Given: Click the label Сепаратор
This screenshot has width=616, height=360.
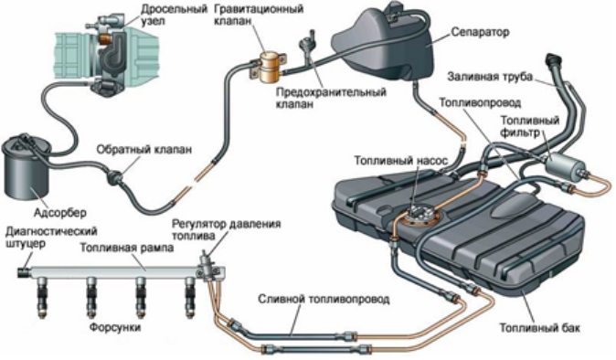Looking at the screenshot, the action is (480, 32).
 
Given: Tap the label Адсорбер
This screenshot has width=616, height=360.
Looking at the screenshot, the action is (60, 213).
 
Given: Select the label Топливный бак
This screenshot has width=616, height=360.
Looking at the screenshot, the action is (539, 328).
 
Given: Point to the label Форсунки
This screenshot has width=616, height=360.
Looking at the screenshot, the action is (115, 327).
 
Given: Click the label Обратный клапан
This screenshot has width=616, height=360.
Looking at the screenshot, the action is (144, 150).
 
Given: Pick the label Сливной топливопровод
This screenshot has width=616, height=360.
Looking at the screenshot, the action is (324, 299).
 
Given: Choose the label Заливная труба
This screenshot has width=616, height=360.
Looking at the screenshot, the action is (490, 76).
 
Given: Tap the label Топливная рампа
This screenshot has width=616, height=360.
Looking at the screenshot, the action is (127, 249).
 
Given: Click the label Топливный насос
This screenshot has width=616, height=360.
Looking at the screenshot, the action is (400, 161).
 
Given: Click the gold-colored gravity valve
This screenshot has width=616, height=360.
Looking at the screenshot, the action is (269, 68).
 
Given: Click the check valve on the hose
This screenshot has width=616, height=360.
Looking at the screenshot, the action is (115, 176).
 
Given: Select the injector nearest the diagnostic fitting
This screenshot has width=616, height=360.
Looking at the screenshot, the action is (42, 297).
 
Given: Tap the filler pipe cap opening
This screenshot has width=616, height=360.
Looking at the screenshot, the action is (553, 59).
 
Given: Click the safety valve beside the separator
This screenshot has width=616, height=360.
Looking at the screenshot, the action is (306, 45).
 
